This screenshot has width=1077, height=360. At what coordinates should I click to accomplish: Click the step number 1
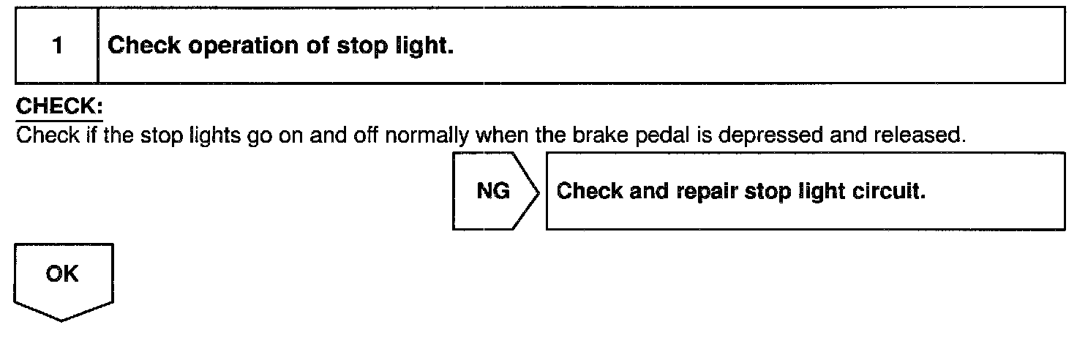tap(57, 46)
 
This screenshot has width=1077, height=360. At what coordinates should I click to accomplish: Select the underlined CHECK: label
tap(59, 108)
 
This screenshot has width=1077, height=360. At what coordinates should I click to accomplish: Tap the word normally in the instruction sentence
tap(436, 135)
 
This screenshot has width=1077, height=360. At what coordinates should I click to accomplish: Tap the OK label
tap(63, 274)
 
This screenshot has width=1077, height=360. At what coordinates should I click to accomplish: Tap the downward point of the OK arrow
tap(63, 319)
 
